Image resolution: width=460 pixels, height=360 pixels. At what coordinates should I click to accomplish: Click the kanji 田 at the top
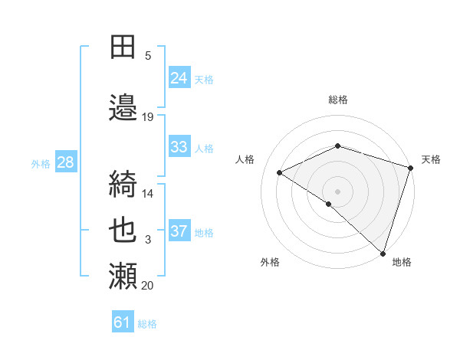123,46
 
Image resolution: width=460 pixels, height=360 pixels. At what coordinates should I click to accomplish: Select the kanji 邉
123,107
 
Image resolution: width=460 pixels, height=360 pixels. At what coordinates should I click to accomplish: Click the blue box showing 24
179,77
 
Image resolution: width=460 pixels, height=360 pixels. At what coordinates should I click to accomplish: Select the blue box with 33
179,147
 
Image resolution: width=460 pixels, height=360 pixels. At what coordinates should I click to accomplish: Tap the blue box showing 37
179,231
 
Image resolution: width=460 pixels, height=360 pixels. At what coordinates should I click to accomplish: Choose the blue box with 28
64,162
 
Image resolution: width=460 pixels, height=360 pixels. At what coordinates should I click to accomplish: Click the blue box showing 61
123,322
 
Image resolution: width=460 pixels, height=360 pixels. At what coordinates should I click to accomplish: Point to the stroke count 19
148,117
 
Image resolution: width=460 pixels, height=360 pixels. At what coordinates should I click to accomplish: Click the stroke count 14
148,194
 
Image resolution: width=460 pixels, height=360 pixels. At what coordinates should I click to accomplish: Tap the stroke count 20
148,286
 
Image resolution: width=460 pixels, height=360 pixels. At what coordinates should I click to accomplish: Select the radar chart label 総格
338,100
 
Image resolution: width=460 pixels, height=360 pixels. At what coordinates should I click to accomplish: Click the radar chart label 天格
431,159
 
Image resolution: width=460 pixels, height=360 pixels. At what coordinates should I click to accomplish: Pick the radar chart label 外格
270,262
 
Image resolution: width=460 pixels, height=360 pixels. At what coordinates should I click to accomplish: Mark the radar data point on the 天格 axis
411,168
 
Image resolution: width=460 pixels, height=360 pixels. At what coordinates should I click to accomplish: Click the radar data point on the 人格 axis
280,173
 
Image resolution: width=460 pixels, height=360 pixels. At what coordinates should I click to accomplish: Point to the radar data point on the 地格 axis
383,252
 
